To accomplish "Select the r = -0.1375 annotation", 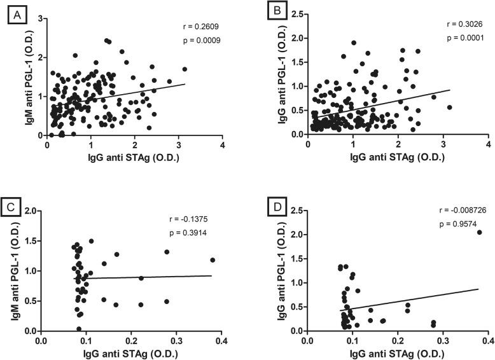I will pyautogui.click(x=200, y=218).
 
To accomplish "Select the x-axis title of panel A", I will pyautogui.click(x=134, y=158).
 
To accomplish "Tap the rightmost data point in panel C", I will pyautogui.click(x=213, y=260).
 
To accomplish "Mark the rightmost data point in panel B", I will pyautogui.click(x=449, y=107).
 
